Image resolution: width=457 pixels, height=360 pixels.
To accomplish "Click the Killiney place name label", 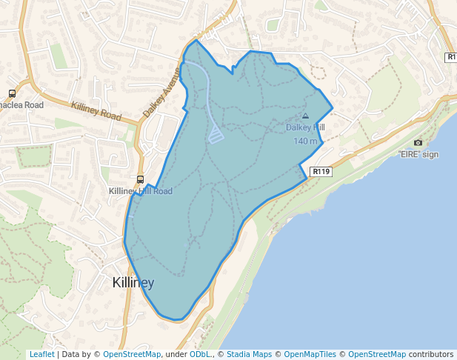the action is click(133, 283).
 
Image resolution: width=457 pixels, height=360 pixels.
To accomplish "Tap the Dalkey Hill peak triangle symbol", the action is click(306, 116).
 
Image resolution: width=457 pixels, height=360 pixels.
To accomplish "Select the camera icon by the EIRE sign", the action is click(418, 142).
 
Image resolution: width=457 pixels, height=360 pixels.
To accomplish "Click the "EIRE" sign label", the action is click(418, 154).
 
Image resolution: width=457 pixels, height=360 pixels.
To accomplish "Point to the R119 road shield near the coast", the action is click(321, 171).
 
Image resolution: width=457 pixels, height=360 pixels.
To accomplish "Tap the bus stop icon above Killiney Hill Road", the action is click(140, 179).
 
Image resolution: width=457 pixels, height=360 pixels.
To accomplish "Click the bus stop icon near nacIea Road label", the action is click(12, 93).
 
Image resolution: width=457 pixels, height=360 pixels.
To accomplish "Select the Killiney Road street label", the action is click(96, 112).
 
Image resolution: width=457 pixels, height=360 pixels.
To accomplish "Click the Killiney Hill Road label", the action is click(141, 191).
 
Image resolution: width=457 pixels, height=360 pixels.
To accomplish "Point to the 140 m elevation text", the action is click(305, 141).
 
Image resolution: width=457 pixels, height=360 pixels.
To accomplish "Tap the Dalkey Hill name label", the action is click(305, 127).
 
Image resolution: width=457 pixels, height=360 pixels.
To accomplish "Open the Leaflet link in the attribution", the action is click(41, 355).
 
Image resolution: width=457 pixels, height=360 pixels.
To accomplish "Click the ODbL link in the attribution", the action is click(199, 355).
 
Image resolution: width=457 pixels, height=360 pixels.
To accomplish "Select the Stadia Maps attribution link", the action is click(249, 355).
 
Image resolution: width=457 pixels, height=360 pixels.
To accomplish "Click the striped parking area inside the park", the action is click(216, 135).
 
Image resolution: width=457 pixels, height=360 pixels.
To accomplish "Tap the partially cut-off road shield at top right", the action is click(451, 57).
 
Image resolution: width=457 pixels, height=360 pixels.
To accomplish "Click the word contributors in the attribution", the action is click(430, 355).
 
